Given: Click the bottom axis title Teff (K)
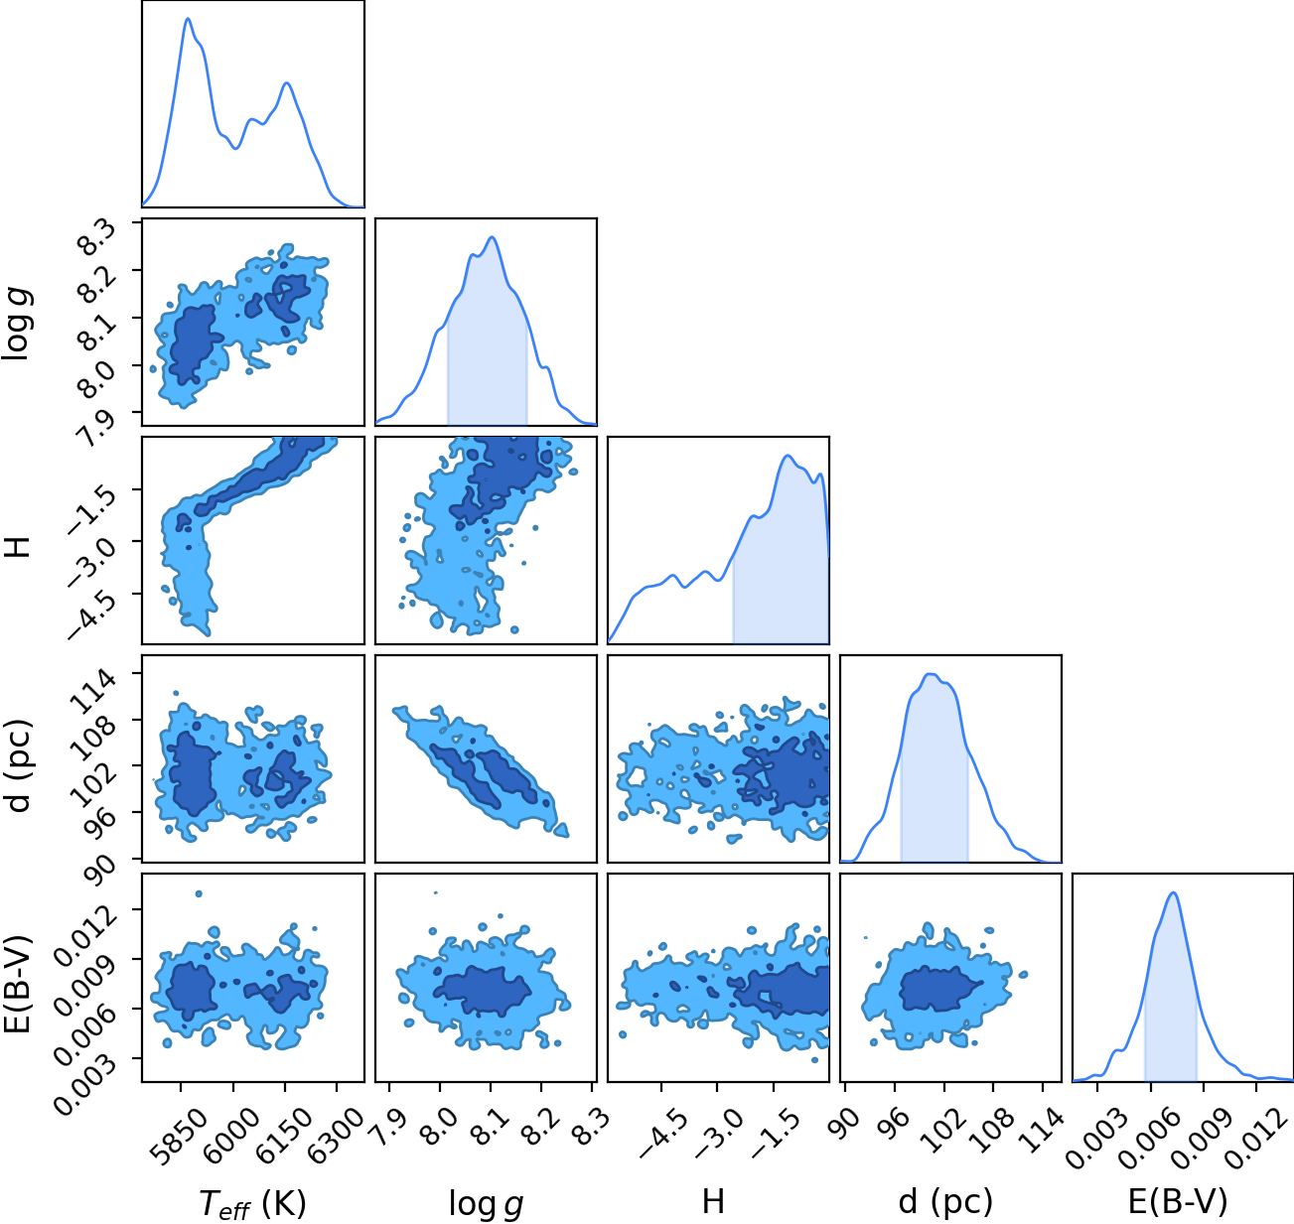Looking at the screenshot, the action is [252, 1203].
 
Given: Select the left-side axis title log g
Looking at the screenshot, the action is [17, 323].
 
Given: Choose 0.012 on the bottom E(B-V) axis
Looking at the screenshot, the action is [1253, 1128].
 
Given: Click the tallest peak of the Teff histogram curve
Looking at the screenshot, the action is [189, 19].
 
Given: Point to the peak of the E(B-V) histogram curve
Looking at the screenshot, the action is [1173, 893].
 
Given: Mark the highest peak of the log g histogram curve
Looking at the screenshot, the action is [492, 237].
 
